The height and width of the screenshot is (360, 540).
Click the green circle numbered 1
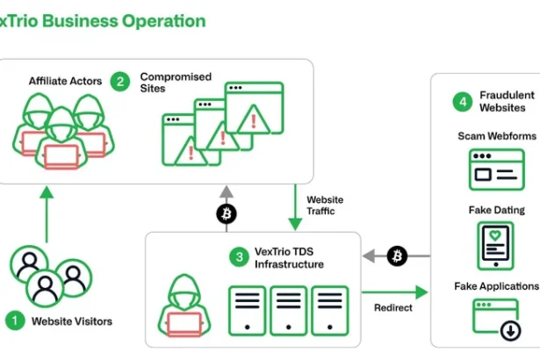[15, 320]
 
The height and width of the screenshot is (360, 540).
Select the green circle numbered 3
[238, 257]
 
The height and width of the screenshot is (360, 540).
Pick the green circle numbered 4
[462, 101]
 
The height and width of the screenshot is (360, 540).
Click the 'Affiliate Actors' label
[65, 81]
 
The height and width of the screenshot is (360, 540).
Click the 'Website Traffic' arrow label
[325, 206]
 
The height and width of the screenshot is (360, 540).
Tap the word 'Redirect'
[392, 308]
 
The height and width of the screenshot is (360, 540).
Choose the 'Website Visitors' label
[72, 321]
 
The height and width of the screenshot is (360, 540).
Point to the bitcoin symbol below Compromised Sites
[227, 213]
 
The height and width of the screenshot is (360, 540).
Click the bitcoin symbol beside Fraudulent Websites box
[397, 256]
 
